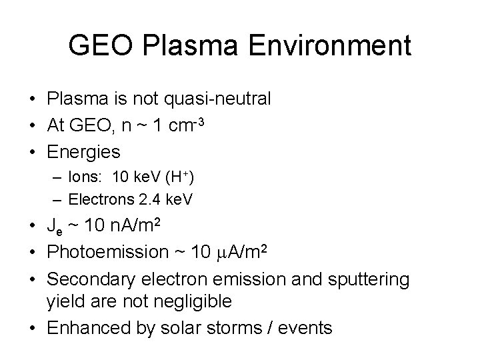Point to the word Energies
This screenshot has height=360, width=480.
(83, 152)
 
